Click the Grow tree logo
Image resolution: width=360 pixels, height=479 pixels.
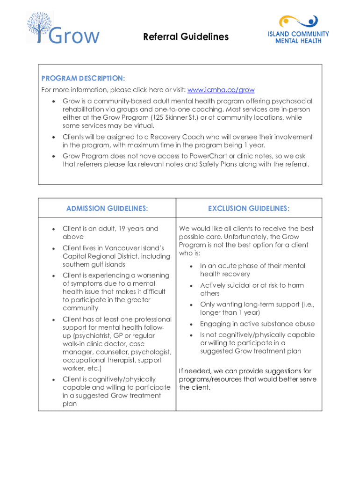click(63, 28)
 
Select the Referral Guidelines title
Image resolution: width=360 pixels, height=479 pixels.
click(186, 36)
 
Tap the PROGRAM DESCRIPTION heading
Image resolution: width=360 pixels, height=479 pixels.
click(83, 78)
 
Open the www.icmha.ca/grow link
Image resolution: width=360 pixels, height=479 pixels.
click(221, 90)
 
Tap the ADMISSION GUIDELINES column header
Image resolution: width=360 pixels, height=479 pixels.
click(107, 209)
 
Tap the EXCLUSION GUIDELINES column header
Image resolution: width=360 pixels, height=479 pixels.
click(249, 209)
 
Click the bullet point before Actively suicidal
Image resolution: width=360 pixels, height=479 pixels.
click(191, 285)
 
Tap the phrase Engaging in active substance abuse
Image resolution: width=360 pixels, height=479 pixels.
click(257, 324)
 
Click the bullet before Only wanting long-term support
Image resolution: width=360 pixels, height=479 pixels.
click(191, 305)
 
